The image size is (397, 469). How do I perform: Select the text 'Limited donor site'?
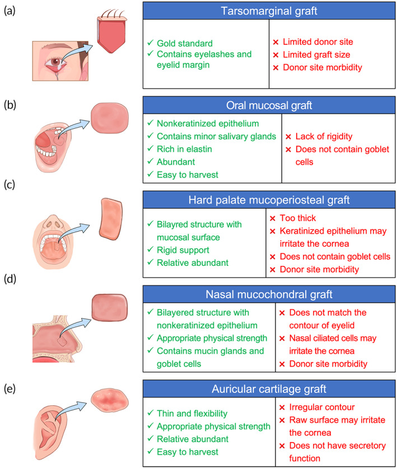tap(317, 42)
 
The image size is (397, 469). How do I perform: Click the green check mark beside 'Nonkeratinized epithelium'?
tap(150, 123)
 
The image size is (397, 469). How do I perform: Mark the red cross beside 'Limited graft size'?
tap(275, 55)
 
